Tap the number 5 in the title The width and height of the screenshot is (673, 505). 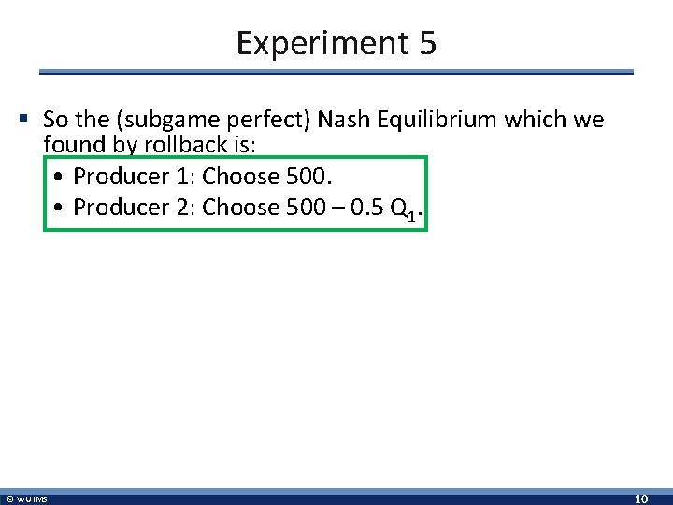tap(427, 43)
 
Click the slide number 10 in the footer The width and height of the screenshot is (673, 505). tap(641, 499)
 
